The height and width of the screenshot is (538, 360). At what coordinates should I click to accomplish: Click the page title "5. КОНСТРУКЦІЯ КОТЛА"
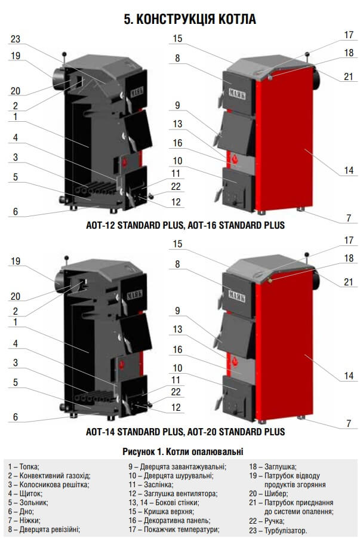coord(190,19)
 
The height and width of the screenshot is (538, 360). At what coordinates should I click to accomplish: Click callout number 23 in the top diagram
coord(16,39)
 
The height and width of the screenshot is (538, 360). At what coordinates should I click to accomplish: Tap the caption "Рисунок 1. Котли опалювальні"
coord(183,451)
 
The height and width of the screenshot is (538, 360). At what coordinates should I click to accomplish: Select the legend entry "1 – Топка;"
coord(24,466)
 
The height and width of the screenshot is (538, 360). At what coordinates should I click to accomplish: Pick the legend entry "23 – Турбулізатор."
coord(278,530)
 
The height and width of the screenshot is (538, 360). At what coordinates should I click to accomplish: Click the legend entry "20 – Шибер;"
coord(269,493)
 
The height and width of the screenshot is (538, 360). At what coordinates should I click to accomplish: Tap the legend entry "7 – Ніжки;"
coord(24,520)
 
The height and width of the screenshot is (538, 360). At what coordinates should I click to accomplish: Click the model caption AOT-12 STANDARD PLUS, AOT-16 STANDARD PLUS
coord(185,225)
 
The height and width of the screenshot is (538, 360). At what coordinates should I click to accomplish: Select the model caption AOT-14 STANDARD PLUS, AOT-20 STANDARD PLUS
coord(185,431)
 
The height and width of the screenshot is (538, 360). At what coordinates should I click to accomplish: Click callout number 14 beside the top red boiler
coord(349,170)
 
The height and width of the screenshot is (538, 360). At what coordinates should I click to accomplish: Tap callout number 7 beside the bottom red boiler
coord(349,423)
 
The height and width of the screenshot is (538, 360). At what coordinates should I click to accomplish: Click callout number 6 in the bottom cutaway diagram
coord(16,417)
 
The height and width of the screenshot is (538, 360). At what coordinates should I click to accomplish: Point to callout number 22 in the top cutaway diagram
coord(176,186)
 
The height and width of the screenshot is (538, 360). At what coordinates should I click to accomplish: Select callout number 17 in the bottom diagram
coord(349,240)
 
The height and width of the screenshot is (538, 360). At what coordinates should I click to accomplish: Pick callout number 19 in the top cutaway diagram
coord(16,56)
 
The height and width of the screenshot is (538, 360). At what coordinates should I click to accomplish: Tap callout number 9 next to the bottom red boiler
coord(177,311)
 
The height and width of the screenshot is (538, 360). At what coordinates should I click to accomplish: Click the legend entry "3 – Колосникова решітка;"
coord(49,484)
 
